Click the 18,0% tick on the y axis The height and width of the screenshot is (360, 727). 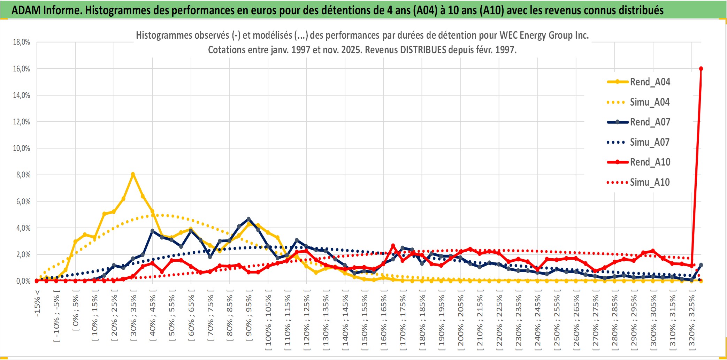pos(22,42)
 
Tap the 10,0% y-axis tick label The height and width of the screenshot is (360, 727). pos(22,148)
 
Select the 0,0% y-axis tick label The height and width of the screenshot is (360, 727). pos(23,281)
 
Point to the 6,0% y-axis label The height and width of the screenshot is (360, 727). pos(23,201)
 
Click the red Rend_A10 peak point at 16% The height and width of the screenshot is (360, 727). pos(701,69)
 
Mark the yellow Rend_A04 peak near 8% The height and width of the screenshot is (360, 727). pos(133,174)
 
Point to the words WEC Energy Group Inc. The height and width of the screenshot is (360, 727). pos(544,35)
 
